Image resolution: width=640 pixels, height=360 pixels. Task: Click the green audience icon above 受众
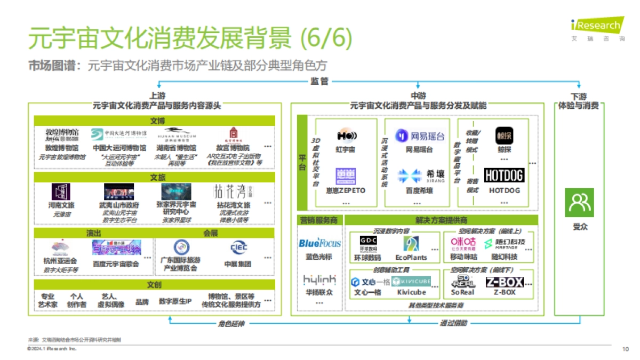click(579, 203)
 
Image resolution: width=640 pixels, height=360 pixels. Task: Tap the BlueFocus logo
click(319, 243)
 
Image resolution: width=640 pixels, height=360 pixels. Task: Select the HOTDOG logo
click(504, 175)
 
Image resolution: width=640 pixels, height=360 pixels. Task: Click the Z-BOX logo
click(504, 282)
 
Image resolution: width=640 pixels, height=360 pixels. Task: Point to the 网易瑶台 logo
click(419, 136)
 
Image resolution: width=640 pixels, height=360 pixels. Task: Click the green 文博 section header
click(155, 121)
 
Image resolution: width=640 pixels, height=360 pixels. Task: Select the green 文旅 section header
click(155, 177)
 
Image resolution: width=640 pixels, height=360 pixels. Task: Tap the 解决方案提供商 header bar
click(441, 220)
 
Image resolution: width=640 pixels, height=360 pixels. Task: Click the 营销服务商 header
click(318, 220)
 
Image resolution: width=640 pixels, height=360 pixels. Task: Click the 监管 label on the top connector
click(319, 81)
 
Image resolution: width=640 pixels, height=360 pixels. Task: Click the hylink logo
click(319, 280)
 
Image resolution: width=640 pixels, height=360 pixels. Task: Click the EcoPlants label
click(412, 257)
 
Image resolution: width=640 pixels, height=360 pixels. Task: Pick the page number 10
click(625, 349)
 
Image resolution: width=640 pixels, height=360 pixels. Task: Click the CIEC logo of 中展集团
click(238, 247)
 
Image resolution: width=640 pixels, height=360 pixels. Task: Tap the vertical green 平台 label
click(302, 163)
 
